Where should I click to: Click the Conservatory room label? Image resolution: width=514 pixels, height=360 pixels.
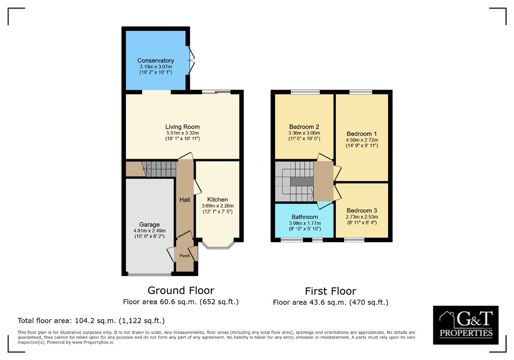(x=155, y=60)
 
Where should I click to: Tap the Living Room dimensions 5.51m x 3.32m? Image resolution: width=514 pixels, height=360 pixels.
(x=182, y=133)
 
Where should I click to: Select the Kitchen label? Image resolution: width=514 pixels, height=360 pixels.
(x=218, y=199)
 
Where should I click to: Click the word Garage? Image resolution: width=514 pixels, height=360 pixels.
(x=149, y=225)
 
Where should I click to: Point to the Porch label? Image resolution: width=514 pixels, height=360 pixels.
(x=185, y=256)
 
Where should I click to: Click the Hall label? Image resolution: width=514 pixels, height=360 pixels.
(x=185, y=200)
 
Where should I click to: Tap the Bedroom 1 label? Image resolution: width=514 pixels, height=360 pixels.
(x=362, y=133)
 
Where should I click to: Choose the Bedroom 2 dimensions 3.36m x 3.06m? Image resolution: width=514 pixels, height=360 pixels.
(x=304, y=133)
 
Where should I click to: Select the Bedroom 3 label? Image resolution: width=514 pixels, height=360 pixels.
(x=362, y=210)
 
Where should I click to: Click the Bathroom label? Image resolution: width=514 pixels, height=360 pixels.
(x=305, y=217)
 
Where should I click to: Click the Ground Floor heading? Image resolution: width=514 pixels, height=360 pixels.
(x=181, y=291)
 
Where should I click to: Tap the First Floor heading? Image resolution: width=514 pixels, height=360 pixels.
(x=330, y=291)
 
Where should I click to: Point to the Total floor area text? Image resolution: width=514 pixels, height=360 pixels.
(x=91, y=321)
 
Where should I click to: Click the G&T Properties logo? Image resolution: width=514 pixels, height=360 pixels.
(x=466, y=325)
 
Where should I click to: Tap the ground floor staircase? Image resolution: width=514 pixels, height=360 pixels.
(x=159, y=168)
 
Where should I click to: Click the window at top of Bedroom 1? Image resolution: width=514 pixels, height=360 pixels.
(x=361, y=92)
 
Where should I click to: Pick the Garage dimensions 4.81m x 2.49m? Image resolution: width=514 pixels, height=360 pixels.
(x=149, y=231)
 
